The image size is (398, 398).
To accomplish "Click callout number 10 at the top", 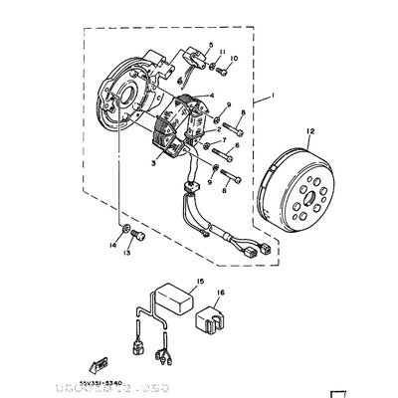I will pyautogui.click(x=234, y=59).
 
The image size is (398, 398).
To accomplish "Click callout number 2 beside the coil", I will pyautogui.click(x=218, y=129).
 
